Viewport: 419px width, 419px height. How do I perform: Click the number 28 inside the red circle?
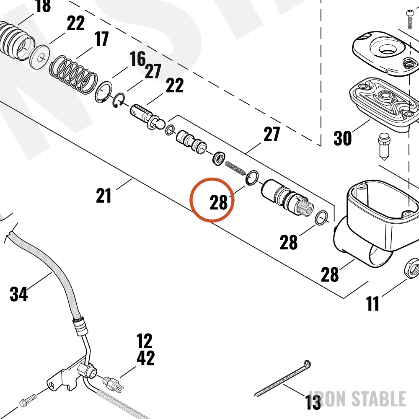point(219,202)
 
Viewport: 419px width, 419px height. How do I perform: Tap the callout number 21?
point(103,196)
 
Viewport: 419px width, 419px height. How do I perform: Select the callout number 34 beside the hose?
point(19,294)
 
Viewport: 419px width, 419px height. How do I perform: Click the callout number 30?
point(342,138)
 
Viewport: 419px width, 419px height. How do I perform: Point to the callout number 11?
point(372,303)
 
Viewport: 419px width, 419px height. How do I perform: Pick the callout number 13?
point(313,402)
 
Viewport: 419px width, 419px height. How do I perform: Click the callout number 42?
point(146,358)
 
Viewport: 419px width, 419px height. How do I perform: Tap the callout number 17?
point(101,39)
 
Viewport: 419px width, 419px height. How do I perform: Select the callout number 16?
point(137,59)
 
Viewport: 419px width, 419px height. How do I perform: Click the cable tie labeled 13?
point(282,378)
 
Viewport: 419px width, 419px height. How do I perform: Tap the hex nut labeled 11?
point(412,268)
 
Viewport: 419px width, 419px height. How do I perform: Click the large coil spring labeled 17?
point(73,75)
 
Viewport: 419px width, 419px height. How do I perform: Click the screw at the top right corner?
point(410,19)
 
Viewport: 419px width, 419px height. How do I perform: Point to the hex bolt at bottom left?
point(28,400)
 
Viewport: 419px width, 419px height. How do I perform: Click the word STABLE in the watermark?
point(379,399)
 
